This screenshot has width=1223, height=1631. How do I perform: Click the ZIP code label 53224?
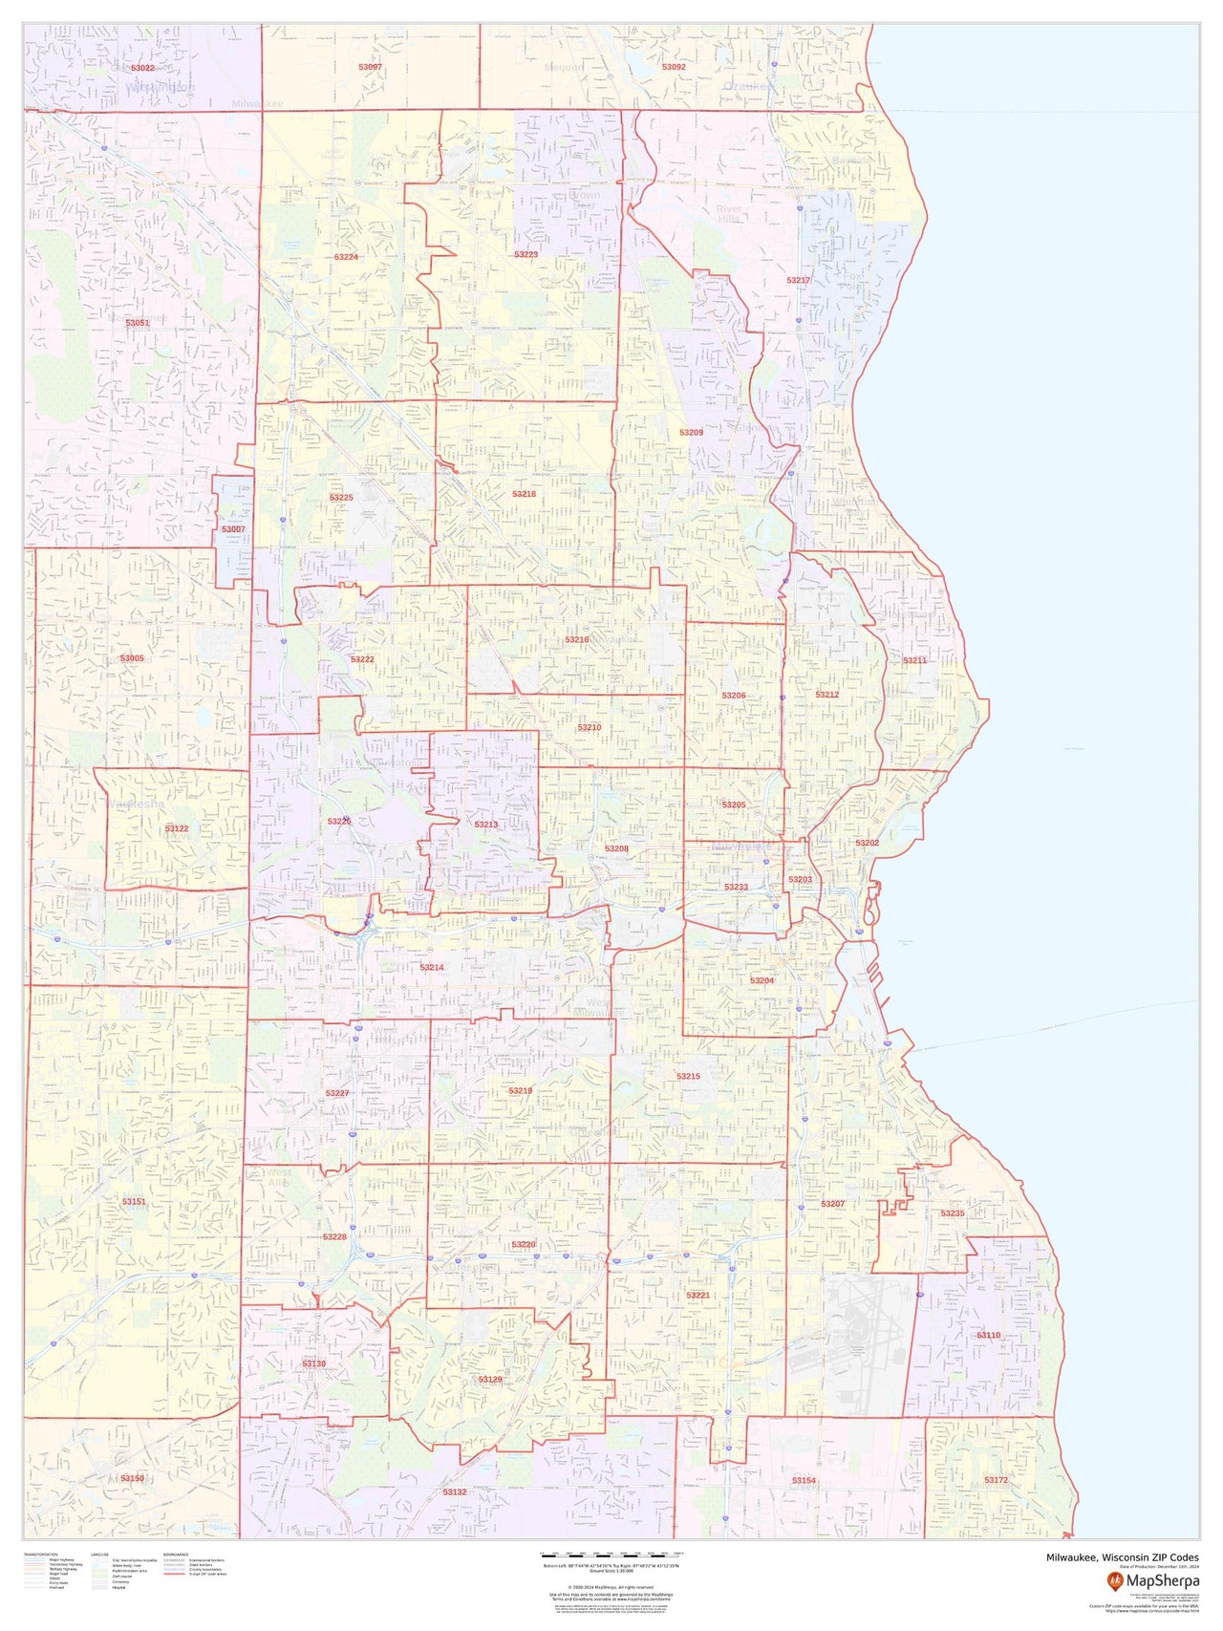tap(346, 258)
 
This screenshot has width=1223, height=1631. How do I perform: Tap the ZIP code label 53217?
tap(798, 280)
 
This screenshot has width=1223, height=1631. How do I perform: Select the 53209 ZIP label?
tap(691, 433)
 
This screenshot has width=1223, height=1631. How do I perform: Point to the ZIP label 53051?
tap(138, 323)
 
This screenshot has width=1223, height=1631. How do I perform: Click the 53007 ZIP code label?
tap(233, 529)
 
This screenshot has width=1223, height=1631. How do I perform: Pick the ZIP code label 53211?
tap(914, 660)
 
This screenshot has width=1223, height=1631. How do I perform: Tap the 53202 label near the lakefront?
tap(867, 843)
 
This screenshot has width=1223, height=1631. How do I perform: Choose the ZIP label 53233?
tap(736, 888)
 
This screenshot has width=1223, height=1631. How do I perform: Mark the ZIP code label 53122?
tap(177, 828)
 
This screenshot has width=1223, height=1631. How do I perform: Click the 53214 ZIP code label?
tap(432, 968)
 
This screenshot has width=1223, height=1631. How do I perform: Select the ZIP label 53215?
tap(688, 1077)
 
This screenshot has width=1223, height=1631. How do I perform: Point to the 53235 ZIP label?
tap(953, 1213)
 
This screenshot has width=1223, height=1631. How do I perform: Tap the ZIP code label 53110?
tap(988, 1335)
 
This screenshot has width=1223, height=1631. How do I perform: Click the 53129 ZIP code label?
tap(490, 1380)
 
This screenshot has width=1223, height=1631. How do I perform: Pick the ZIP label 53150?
tap(132, 1478)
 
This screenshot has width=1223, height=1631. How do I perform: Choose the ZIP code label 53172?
tap(996, 1480)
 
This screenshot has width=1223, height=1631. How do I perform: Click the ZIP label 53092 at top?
tap(674, 68)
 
